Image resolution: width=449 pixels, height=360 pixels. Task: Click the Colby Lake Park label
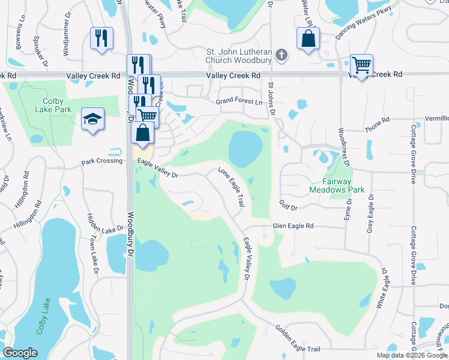(x=57, y=105)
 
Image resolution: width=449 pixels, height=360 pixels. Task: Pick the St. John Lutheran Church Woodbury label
(x=240, y=56)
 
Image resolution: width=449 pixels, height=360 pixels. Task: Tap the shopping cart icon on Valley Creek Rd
(x=361, y=65)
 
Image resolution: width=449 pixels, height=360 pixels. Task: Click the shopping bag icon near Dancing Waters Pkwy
(x=307, y=39)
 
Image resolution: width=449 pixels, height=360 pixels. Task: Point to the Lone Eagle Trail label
(x=231, y=187)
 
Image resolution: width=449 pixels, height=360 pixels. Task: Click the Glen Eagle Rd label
(x=293, y=226)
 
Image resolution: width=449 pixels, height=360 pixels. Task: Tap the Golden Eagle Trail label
(x=298, y=339)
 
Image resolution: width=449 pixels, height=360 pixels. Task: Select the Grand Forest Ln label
(x=240, y=102)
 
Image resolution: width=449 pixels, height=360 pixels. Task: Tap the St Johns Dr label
(x=271, y=98)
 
